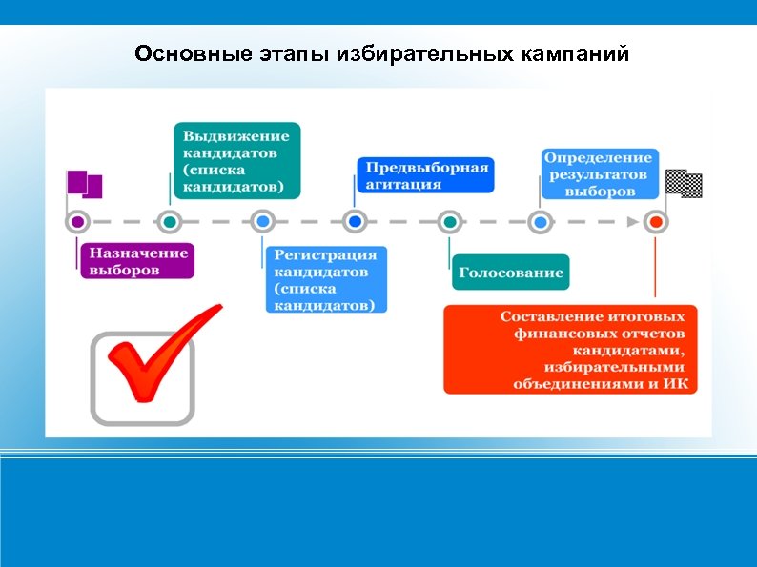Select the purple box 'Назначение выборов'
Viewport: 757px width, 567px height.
pos(138,261)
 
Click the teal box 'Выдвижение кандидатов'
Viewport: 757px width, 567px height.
pos(236,160)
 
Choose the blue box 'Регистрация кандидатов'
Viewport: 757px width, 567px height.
pos(325,279)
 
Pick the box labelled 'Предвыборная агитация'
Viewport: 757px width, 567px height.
pos(424,176)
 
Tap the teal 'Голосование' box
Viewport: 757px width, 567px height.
pos(510,273)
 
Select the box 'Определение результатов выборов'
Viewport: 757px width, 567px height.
pos(599,173)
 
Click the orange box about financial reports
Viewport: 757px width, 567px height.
pos(570,349)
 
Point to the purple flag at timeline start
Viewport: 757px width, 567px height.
pos(83,185)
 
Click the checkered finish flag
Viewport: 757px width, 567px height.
pos(684,183)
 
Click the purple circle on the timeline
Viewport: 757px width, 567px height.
pos(78,222)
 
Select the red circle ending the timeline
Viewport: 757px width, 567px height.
pos(655,222)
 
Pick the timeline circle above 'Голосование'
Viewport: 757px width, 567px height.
pos(449,222)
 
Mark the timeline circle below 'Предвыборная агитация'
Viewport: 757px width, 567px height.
pos(355,222)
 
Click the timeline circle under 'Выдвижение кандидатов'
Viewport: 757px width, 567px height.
pos(169,222)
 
